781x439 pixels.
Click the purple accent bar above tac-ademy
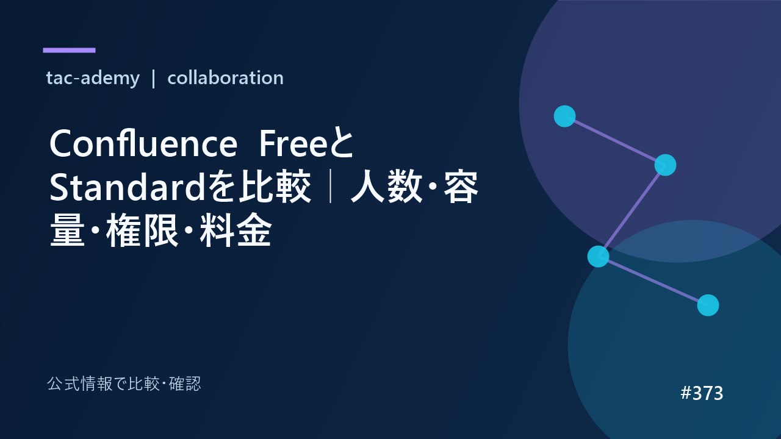pos(69,50)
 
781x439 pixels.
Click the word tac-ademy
pos(93,77)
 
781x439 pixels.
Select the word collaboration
pos(225,77)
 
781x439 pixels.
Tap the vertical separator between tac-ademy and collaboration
pos(153,79)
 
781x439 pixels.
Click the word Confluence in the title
pos(143,143)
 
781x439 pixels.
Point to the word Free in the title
pos(293,143)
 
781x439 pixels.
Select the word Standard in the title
pos(127,187)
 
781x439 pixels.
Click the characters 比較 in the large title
pos(275,187)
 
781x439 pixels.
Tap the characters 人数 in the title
pos(387,187)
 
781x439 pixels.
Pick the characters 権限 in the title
pos(142,230)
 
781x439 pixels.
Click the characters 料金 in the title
pos(236,230)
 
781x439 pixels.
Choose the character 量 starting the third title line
pos(67,230)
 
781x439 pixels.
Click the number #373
pos(702,393)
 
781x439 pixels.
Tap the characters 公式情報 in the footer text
pos(79,384)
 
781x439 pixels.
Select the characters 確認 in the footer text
pos(185,384)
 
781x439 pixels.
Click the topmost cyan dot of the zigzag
pos(564,116)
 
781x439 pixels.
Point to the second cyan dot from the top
pos(665,165)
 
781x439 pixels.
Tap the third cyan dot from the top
pos(599,257)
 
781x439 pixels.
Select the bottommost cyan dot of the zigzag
pos(708,305)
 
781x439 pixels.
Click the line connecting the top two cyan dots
pos(615,141)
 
